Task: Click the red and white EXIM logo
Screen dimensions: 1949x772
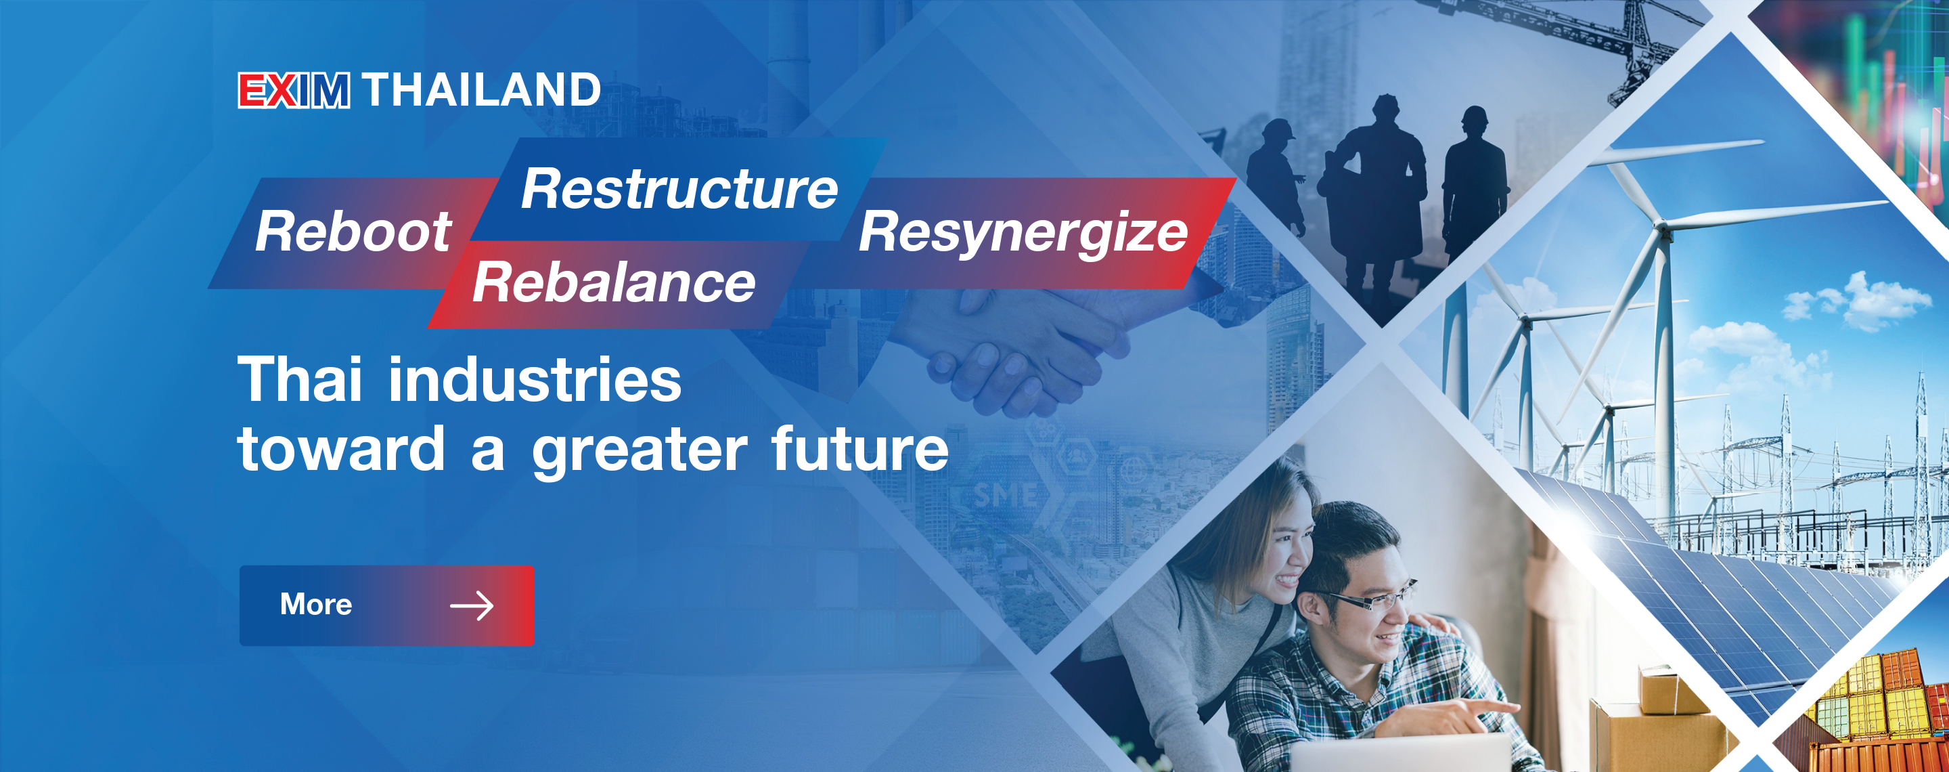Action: coord(294,91)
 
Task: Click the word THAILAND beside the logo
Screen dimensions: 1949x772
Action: coord(482,90)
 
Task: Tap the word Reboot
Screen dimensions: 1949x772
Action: coord(353,231)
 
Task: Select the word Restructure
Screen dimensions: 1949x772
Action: coord(679,188)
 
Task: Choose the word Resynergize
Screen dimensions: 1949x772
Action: coord(1023,233)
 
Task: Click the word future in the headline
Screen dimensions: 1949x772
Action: coord(859,448)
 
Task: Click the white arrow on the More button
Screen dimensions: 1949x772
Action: coord(472,605)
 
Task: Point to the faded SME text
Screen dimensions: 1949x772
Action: coord(1004,495)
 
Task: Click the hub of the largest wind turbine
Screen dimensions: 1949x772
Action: coord(1662,226)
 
